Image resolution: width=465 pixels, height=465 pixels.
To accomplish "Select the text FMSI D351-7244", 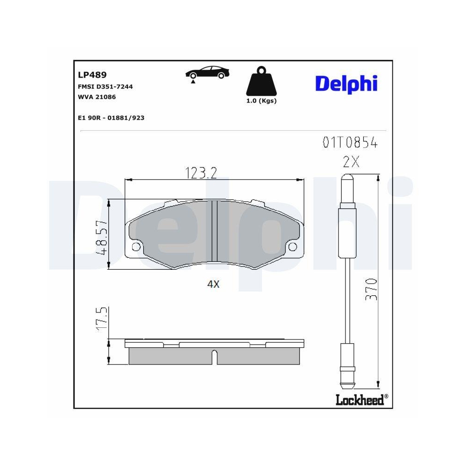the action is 106,86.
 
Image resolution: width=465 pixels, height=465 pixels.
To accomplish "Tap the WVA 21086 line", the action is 97,97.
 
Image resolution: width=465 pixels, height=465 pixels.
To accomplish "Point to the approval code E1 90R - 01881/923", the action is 111,118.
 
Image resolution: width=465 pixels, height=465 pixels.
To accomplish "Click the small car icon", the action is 207,73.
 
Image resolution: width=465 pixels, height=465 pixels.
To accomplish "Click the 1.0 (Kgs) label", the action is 261,101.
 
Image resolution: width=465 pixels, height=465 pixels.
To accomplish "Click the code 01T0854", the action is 350,143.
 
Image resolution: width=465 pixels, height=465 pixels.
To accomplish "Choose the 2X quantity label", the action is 352,162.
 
